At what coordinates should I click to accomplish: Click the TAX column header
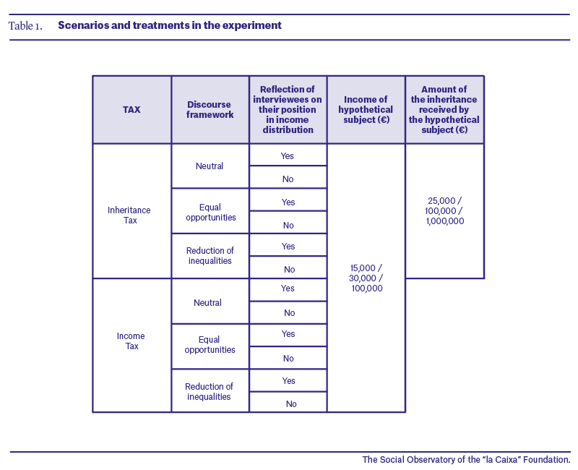point(131,110)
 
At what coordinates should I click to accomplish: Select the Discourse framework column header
point(210,110)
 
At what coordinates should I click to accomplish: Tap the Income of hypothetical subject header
point(366,110)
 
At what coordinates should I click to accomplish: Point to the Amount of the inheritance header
point(444,110)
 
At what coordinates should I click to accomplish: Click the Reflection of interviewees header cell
point(288,110)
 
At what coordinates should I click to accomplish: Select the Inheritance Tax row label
point(129,215)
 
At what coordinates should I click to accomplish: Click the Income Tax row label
point(131,341)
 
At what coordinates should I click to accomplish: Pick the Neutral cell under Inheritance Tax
point(210,166)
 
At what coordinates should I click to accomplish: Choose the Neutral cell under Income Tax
point(207,303)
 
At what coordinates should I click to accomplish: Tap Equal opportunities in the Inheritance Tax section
point(210,212)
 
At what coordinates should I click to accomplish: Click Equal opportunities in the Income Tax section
point(210,345)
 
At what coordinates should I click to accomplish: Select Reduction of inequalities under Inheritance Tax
point(210,256)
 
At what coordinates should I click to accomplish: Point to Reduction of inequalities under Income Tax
point(209,391)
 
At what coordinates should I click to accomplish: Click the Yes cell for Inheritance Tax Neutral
point(287,156)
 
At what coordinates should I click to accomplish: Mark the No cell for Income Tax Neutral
point(290,313)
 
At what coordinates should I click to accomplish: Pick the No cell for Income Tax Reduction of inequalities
point(291,404)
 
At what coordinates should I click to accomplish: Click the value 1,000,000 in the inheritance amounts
point(445,221)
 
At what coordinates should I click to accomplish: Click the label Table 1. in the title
point(25,26)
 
